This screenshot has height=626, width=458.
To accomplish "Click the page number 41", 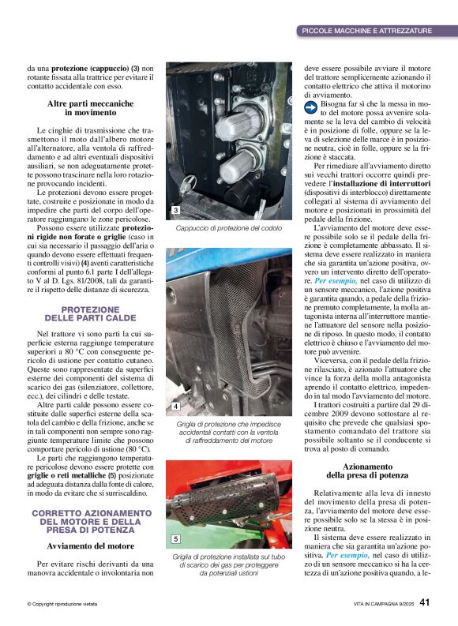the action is [425, 602].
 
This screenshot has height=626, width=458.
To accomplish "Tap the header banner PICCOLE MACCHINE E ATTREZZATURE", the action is [366, 31].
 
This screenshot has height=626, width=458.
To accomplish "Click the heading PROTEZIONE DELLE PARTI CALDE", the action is [89, 313].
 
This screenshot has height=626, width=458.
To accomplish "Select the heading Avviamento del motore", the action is [89, 545].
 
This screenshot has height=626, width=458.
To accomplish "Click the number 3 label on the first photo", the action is [175, 210].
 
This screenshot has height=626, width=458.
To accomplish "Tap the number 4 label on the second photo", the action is [175, 406].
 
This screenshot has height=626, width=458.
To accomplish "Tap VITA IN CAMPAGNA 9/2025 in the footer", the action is [382, 604].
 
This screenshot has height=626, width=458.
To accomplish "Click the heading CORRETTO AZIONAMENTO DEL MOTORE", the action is [89, 522].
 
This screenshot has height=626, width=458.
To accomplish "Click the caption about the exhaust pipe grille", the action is [228, 565].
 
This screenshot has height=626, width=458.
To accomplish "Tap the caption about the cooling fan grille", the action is [228, 433].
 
